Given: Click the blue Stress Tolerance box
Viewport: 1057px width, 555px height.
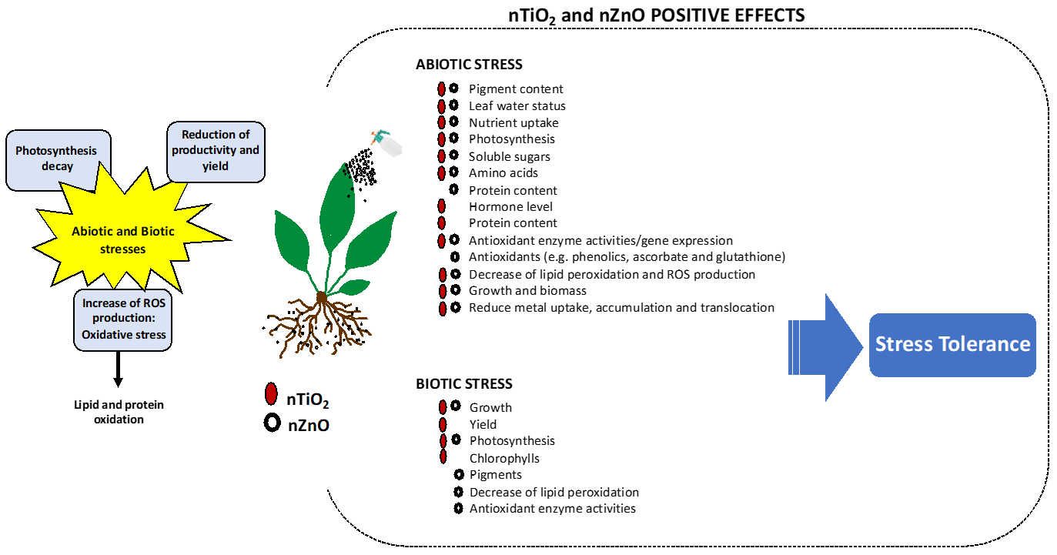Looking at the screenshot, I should (952, 344).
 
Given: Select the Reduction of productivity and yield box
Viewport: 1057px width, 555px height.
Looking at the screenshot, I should (216, 151).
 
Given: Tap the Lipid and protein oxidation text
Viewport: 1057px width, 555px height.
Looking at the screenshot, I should (119, 412).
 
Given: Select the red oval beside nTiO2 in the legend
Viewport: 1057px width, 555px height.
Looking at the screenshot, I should (270, 394).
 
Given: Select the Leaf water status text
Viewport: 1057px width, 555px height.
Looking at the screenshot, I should (517, 105).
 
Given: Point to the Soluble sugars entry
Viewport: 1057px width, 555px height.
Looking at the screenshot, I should (509, 156).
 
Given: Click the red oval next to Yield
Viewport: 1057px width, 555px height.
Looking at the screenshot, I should (443, 424).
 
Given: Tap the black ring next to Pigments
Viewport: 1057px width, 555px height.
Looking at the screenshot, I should (460, 474).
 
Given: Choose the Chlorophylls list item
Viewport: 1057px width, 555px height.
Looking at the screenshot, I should (504, 458).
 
